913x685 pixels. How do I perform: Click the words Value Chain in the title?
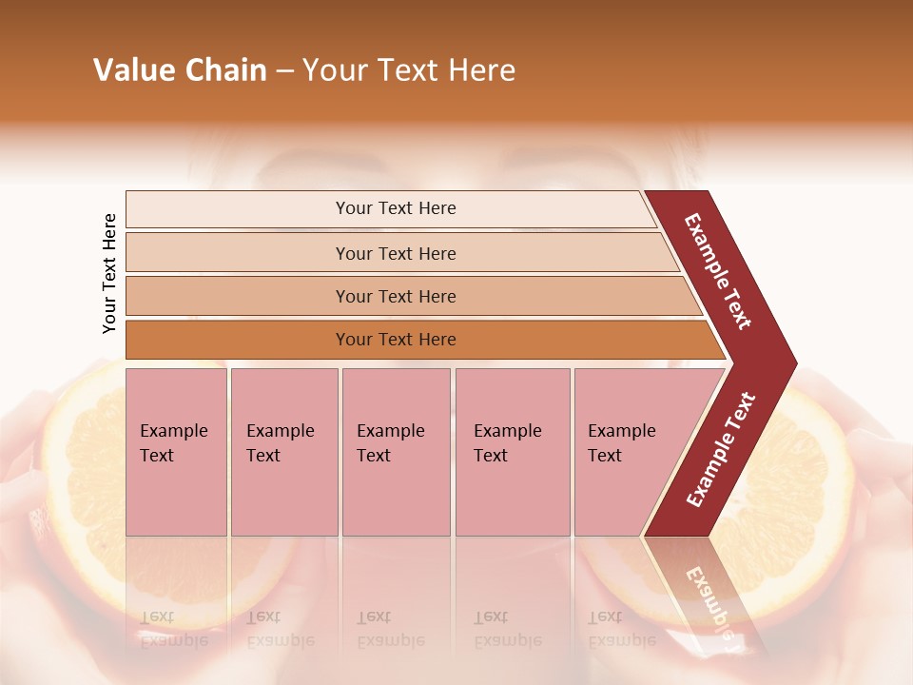pos(180,70)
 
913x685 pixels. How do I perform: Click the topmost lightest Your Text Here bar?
pos(395,208)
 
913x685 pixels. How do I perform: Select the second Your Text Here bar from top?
pos(395,253)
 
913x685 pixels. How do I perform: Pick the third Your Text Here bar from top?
pos(395,296)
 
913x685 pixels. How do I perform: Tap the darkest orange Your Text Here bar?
pos(395,340)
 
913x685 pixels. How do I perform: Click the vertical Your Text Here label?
pos(109,273)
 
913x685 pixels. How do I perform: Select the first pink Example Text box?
pos(176,451)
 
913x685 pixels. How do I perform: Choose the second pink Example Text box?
pos(283,451)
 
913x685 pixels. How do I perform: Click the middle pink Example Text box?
pos(396,451)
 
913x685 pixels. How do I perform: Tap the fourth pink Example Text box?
pos(513,451)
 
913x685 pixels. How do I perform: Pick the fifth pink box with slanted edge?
pos(628,451)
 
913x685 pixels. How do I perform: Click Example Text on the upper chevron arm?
pos(718,271)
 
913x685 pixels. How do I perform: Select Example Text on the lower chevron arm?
pos(721,449)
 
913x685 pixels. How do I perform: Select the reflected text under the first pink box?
pos(173,629)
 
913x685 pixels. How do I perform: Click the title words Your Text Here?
pos(409,70)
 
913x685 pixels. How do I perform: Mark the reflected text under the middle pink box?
pos(390,629)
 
